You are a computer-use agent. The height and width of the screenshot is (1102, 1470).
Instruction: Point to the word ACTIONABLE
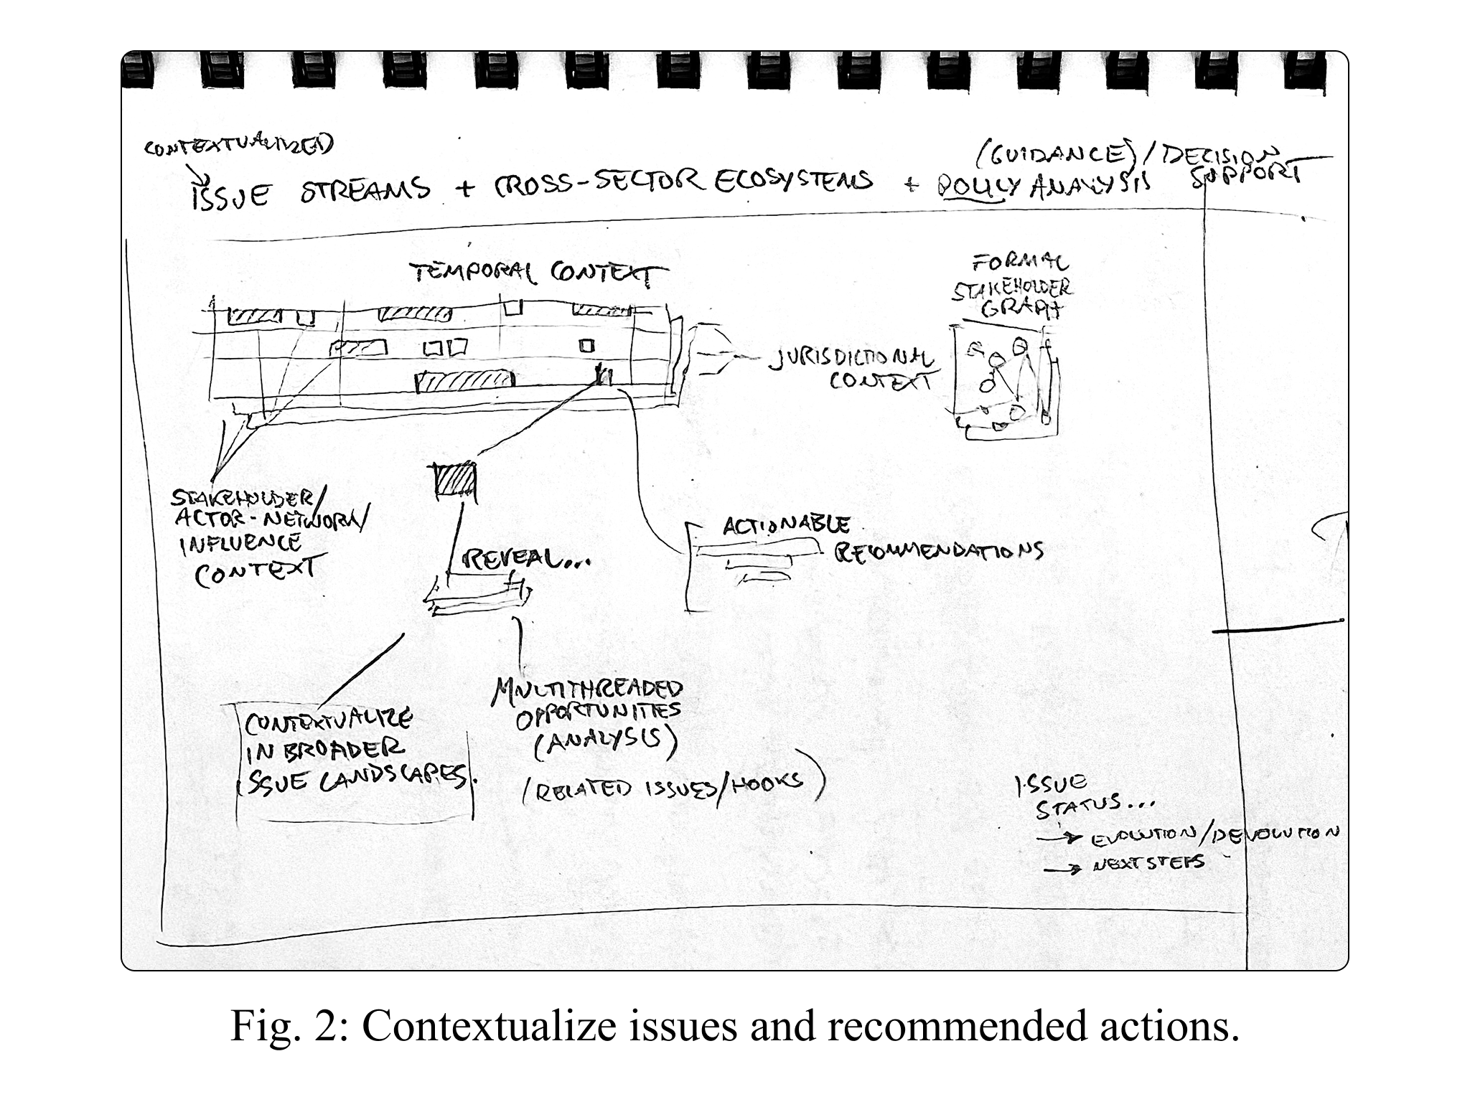(x=787, y=526)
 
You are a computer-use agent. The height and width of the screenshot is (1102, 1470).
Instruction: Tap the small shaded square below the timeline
(x=453, y=479)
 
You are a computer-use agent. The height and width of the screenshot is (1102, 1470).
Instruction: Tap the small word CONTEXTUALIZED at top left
(x=238, y=146)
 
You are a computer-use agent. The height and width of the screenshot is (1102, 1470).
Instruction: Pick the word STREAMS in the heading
(x=365, y=189)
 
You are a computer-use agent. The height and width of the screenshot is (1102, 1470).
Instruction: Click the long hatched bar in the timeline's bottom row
(x=466, y=382)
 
